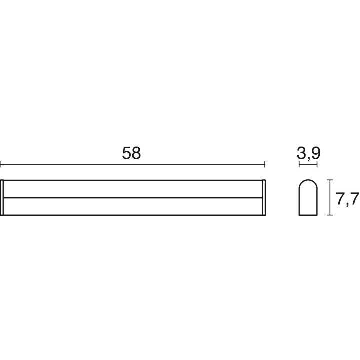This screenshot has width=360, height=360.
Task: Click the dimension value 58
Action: (131, 153)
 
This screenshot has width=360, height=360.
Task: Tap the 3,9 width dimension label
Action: (309, 153)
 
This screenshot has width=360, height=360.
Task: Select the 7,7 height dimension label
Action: (347, 199)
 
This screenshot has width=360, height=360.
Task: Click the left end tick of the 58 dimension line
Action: (0, 164)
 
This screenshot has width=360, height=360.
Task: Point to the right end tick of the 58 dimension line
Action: (265, 164)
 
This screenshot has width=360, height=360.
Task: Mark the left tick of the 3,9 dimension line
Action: (299, 164)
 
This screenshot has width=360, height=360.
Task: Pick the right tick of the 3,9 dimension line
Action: (317, 164)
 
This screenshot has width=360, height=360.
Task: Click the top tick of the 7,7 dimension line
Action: (330, 180)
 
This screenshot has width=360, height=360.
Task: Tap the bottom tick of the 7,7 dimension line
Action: (330, 215)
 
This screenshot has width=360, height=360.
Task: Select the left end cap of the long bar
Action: (2, 197)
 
